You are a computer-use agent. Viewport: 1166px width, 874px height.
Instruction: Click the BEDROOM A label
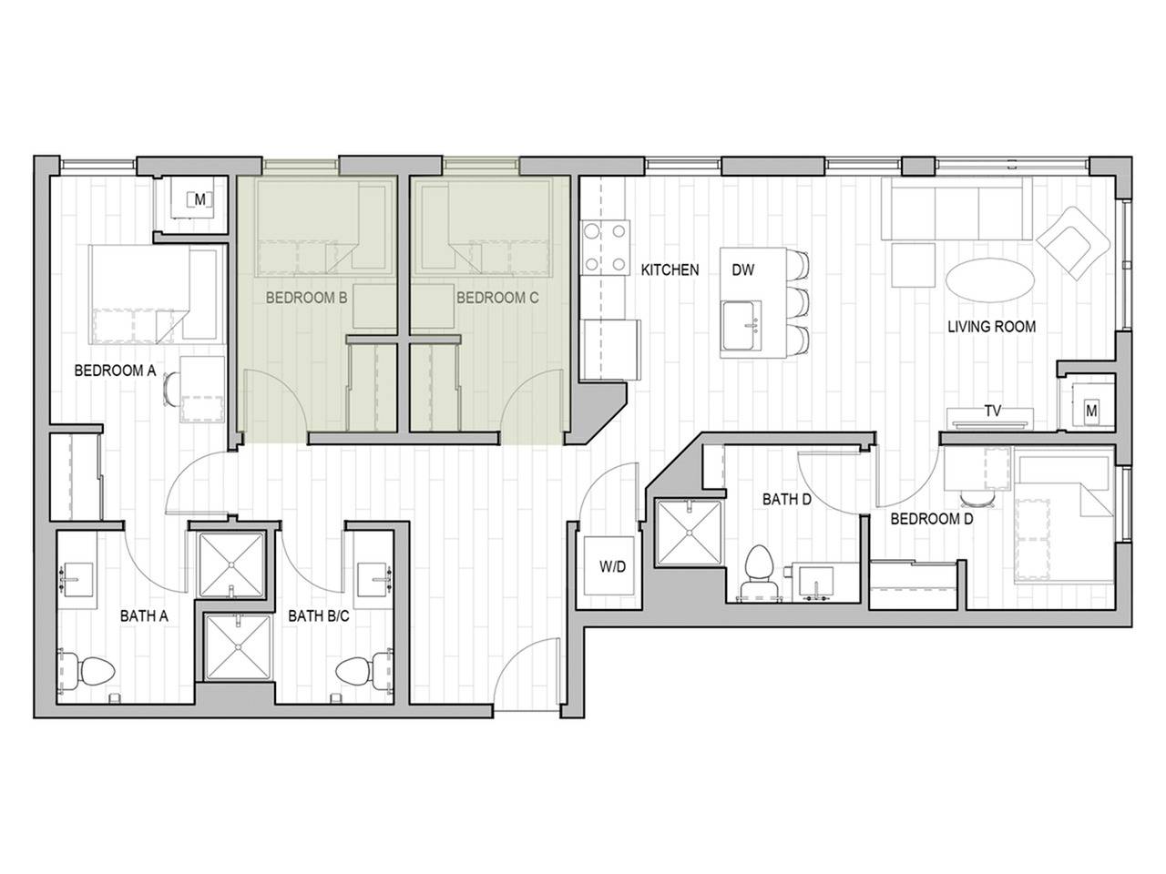click(x=114, y=371)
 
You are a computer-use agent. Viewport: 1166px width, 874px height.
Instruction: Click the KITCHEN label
click(x=670, y=270)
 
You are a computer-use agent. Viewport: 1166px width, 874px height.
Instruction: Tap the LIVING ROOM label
click(x=991, y=326)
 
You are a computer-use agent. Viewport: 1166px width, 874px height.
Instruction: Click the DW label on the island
click(x=743, y=270)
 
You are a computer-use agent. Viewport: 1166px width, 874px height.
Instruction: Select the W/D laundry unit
click(x=612, y=568)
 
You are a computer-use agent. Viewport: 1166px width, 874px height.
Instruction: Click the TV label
click(x=993, y=412)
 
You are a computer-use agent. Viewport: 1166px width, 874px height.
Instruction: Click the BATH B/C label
click(x=319, y=616)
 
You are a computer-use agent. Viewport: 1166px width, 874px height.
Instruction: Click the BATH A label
click(x=144, y=616)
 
